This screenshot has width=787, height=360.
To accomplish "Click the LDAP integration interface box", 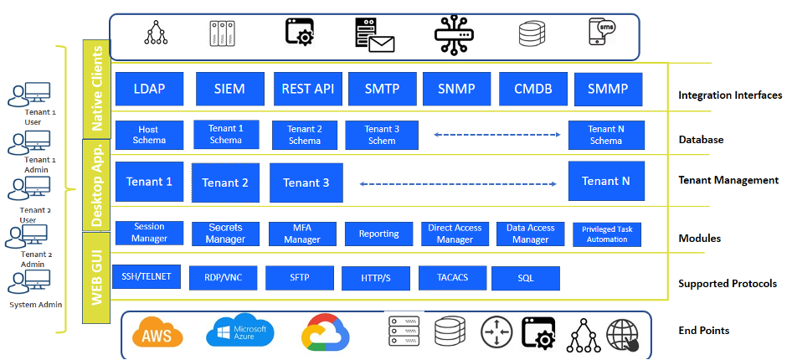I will tap(149, 89).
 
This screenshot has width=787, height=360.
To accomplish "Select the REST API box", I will tap(307, 89).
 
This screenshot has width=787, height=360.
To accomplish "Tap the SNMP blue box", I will tap(456, 89).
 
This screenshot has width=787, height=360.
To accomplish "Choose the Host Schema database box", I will tap(148, 135).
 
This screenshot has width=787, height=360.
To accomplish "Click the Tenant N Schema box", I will tap(605, 135).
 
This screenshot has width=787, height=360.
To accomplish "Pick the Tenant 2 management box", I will tap(225, 183).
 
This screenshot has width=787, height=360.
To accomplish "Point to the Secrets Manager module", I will tap(225, 234).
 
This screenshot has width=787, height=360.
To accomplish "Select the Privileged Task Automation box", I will tap(607, 234).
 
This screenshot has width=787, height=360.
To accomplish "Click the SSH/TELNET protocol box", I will tap(147, 276).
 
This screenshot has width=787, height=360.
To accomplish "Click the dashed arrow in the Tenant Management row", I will tap(458, 183).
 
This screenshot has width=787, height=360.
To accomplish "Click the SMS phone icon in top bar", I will tap(607, 33).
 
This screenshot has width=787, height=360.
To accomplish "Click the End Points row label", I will tap(704, 331).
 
